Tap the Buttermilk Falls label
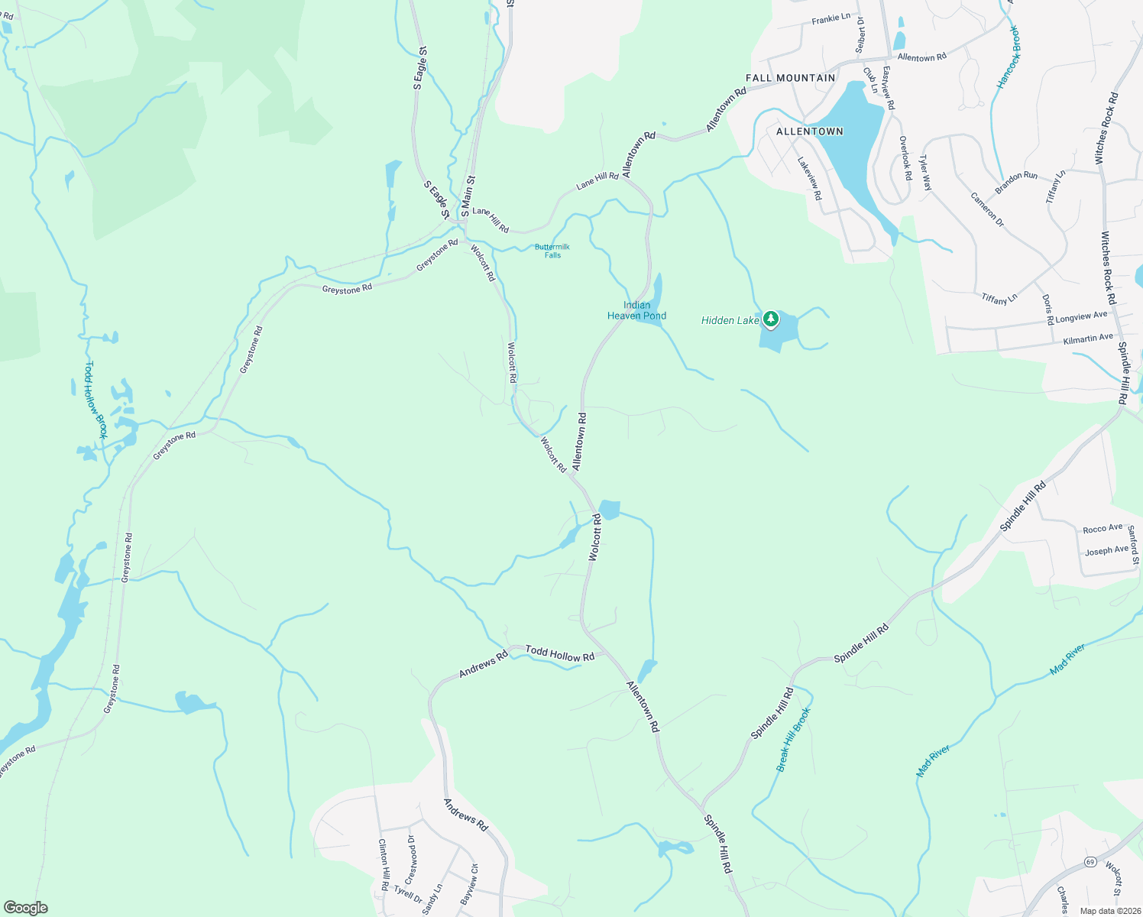click(x=552, y=251)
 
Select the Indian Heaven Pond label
click(x=636, y=310)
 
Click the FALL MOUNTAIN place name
click(x=790, y=78)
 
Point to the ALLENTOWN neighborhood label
click(x=809, y=131)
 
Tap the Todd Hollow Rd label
click(x=559, y=654)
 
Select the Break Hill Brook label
click(x=793, y=739)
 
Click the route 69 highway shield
click(x=1090, y=862)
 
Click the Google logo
click(x=25, y=908)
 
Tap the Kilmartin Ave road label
click(x=1088, y=338)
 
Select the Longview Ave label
click(x=1080, y=316)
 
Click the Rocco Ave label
click(x=1103, y=529)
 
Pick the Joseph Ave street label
click(x=1106, y=550)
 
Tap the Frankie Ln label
click(x=831, y=18)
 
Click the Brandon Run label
click(x=1016, y=182)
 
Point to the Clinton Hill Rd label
click(x=384, y=865)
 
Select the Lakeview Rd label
click(x=809, y=178)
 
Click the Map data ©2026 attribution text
click(x=1109, y=911)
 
